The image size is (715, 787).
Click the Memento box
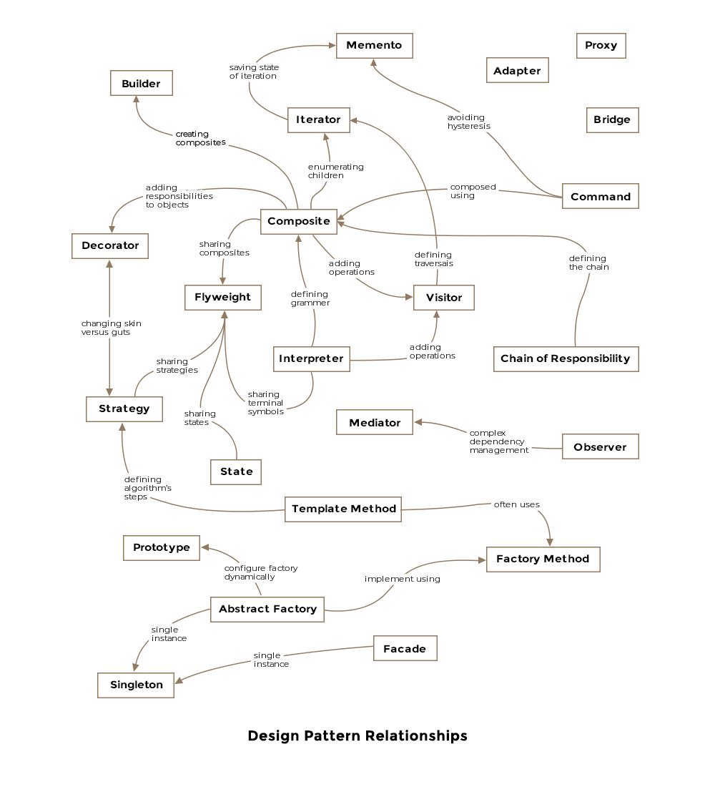374,46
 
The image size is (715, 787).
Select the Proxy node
601,46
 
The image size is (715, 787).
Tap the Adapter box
517,71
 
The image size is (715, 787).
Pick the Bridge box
611,119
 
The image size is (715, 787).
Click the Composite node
299,222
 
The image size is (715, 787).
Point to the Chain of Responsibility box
566,358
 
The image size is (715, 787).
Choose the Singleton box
136,685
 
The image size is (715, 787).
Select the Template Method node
343,509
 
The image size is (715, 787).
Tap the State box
236,471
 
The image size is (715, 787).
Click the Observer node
600,447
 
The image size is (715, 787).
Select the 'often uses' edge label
516,504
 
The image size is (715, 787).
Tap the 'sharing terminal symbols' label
265,403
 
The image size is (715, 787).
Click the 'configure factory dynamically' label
260,572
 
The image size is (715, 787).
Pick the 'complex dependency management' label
498,441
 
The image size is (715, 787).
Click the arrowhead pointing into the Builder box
136,99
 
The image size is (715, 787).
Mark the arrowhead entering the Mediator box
418,422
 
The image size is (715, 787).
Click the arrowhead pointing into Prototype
203,547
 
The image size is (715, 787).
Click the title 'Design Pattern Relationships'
357,735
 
